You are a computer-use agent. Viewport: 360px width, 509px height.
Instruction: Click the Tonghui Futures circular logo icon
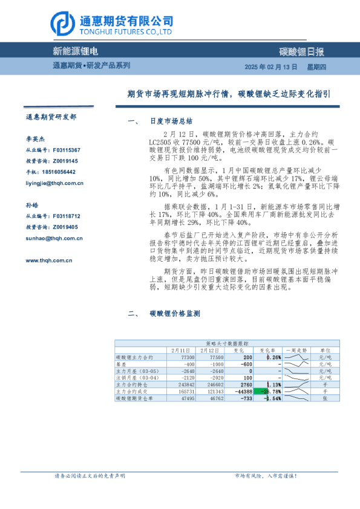(62, 23)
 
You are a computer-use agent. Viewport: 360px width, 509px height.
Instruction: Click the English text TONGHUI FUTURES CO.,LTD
(126, 32)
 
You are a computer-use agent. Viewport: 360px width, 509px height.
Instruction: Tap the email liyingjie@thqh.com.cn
(54, 182)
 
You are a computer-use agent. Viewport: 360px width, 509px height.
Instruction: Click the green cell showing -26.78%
(269, 391)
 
